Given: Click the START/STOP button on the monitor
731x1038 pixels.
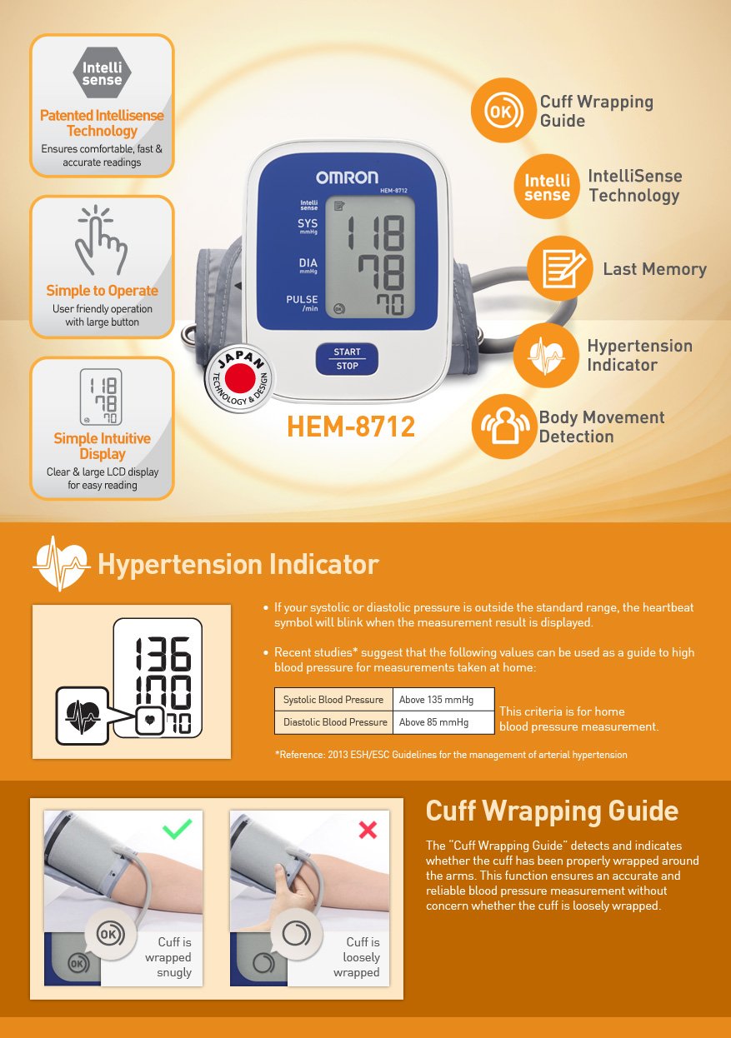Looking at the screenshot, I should tap(347, 359).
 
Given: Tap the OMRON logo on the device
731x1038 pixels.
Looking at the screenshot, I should tap(347, 177).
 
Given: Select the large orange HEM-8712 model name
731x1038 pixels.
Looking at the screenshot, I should tap(351, 427).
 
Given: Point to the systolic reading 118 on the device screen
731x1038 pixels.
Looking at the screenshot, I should tap(374, 232).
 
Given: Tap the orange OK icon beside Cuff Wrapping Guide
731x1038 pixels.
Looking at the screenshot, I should tap(503, 111).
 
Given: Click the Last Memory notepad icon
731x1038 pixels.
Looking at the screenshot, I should tap(560, 269).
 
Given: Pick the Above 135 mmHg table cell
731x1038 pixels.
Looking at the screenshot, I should tap(443, 700).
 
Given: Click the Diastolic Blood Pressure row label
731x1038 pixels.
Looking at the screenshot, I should tap(334, 722).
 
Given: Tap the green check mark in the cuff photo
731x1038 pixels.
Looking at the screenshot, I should tap(177, 828).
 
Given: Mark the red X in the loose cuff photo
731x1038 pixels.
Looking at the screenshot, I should tap(368, 830).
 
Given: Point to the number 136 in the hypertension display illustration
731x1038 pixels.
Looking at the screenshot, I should tap(163, 654).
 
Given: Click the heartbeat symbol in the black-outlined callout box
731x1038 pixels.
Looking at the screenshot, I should tap(82, 715).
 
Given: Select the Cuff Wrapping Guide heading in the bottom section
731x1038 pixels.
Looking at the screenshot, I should tap(552, 811).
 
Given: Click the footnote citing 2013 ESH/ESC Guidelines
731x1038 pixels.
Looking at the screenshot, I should tap(450, 755).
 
